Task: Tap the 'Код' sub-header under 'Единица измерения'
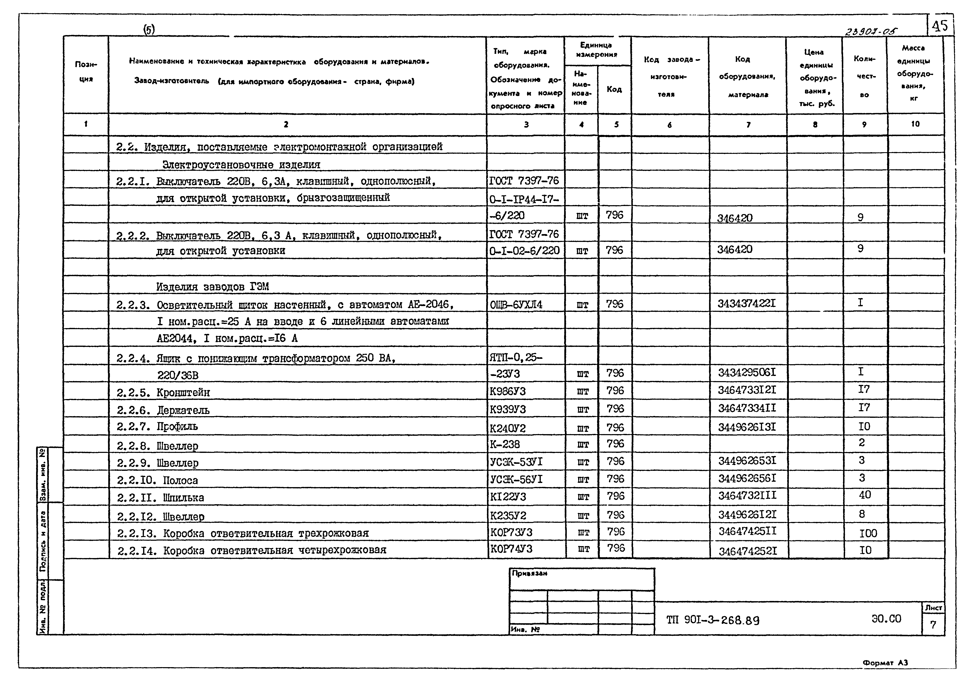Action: (614, 89)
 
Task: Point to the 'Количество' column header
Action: (864, 76)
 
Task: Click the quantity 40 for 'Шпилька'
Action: (865, 495)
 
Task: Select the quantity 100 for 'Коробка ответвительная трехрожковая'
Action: (868, 533)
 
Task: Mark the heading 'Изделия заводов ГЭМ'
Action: (212, 287)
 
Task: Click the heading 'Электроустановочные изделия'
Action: (241, 165)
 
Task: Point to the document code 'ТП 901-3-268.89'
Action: (713, 621)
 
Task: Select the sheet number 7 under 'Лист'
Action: (933, 625)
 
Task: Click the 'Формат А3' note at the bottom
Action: (885, 662)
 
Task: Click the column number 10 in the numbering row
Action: (915, 124)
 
